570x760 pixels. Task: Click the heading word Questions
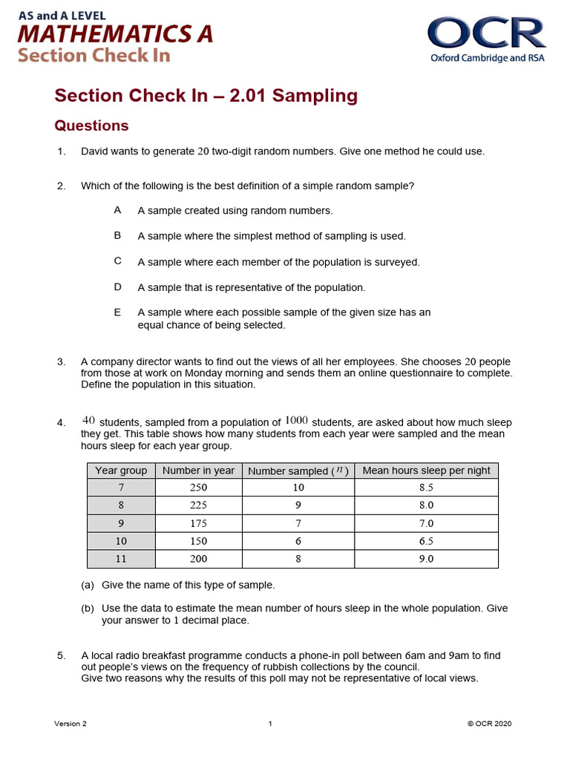[92, 125]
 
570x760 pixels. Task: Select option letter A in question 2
[117, 210]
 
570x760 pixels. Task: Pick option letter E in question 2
[117, 312]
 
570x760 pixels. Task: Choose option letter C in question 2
[117, 261]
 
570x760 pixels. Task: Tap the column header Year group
[121, 470]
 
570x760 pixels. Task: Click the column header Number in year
[198, 470]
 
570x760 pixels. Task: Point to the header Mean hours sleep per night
[426, 470]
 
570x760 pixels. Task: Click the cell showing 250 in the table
[198, 488]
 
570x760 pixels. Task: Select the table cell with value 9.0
[426, 559]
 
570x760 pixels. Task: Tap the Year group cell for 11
[121, 559]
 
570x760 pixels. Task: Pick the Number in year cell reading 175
[198, 523]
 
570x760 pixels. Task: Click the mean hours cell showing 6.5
[426, 541]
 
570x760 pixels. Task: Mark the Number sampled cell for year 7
[298, 488]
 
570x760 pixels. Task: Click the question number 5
[62, 655]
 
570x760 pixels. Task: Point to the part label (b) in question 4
[88, 608]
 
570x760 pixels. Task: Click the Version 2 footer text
[70, 724]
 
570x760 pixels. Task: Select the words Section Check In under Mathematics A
[94, 56]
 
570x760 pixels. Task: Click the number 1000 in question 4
[296, 421]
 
